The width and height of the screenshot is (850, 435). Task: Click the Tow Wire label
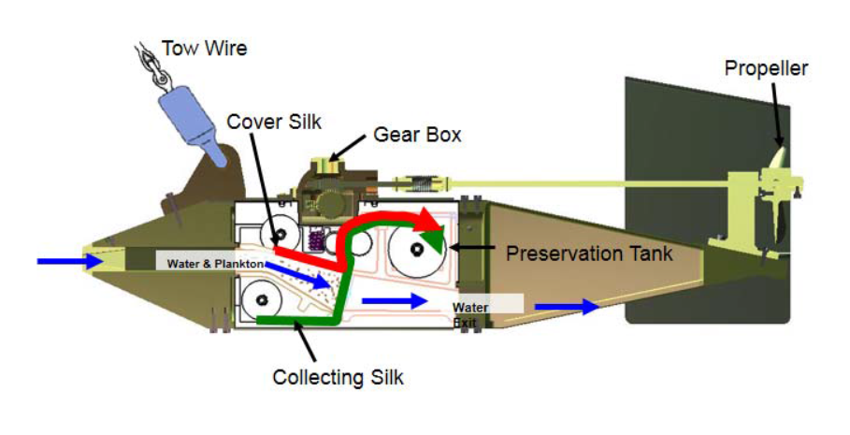click(205, 48)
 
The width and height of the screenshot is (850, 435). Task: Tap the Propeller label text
click(766, 67)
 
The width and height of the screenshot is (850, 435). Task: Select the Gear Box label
click(417, 135)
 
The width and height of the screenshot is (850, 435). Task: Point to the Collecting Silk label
click(338, 378)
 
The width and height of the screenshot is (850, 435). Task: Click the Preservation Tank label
click(589, 253)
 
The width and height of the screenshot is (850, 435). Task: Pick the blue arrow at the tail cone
click(567, 305)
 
